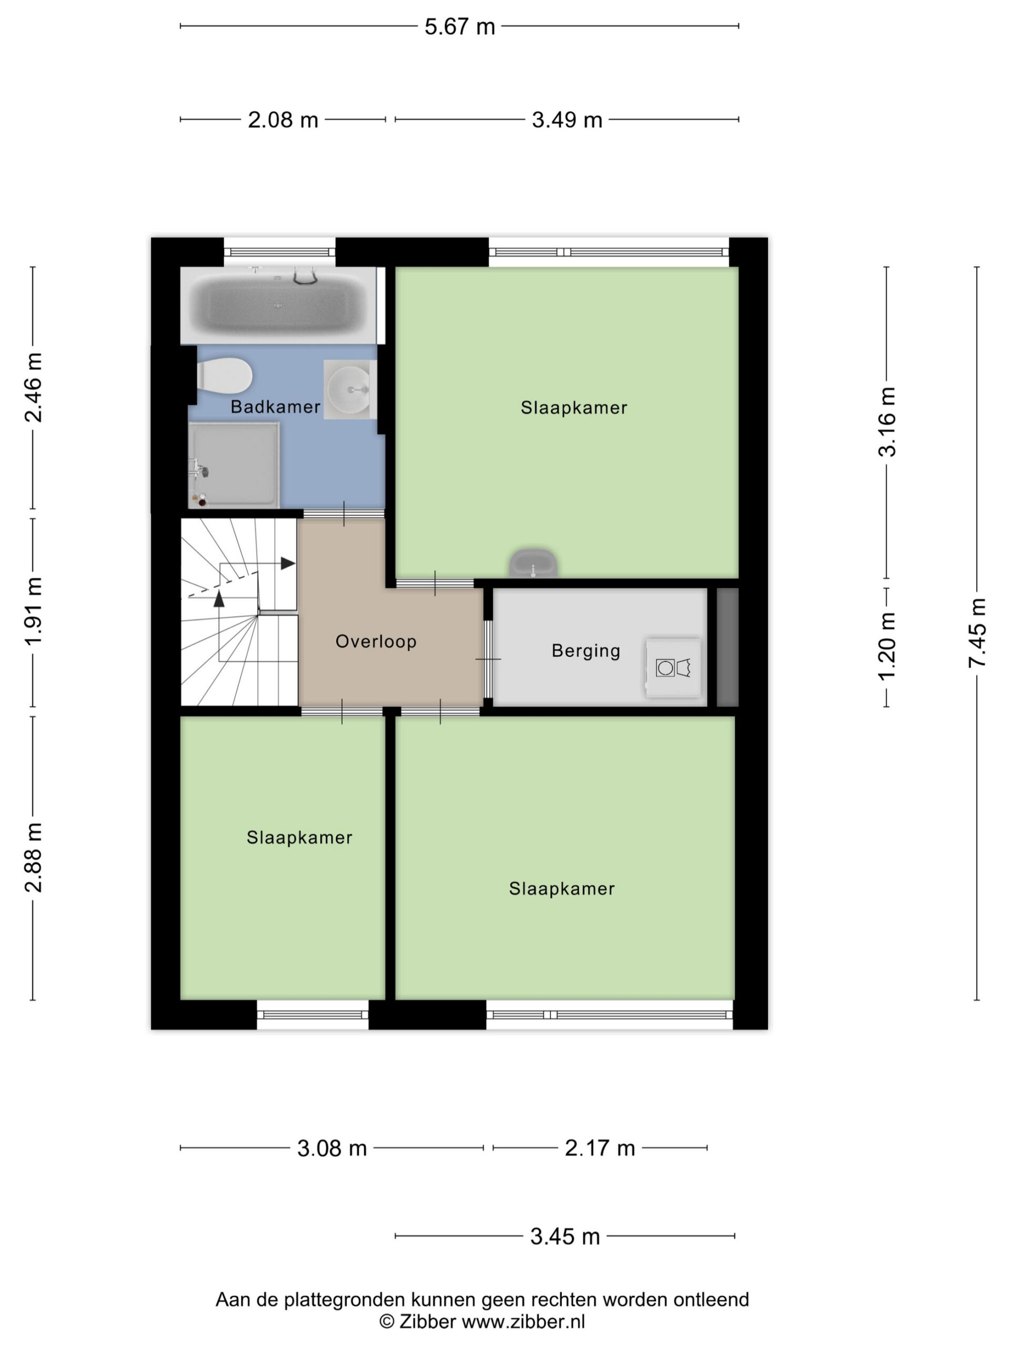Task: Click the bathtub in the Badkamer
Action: (278, 305)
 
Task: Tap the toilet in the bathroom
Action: (224, 376)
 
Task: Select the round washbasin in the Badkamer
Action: (349, 389)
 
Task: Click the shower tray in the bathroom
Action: (234, 465)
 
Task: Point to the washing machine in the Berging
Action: (673, 668)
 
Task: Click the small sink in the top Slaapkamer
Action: (533, 564)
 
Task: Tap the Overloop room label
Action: (376, 641)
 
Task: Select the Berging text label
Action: (585, 651)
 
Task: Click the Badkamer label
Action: (275, 407)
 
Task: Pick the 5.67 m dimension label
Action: (460, 27)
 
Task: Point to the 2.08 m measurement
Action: (283, 120)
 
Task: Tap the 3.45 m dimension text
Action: (565, 1237)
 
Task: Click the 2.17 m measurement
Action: (600, 1148)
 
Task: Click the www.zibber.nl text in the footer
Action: (523, 1321)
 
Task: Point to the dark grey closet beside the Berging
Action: (728, 647)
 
